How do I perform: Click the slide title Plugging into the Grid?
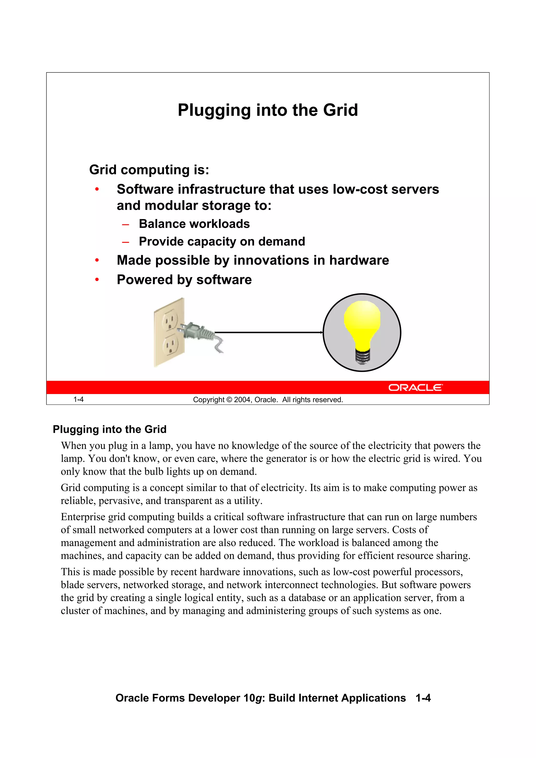[267, 110]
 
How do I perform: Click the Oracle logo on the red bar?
[415, 387]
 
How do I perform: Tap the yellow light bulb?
[362, 325]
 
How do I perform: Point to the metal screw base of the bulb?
[362, 357]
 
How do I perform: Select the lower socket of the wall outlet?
[170, 345]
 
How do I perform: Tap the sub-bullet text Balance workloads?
[194, 224]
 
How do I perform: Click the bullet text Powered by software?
[184, 280]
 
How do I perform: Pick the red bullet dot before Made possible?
[97, 261]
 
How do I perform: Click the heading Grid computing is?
[149, 170]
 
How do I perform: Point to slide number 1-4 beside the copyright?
[78, 400]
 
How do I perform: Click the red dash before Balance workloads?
[125, 224]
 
